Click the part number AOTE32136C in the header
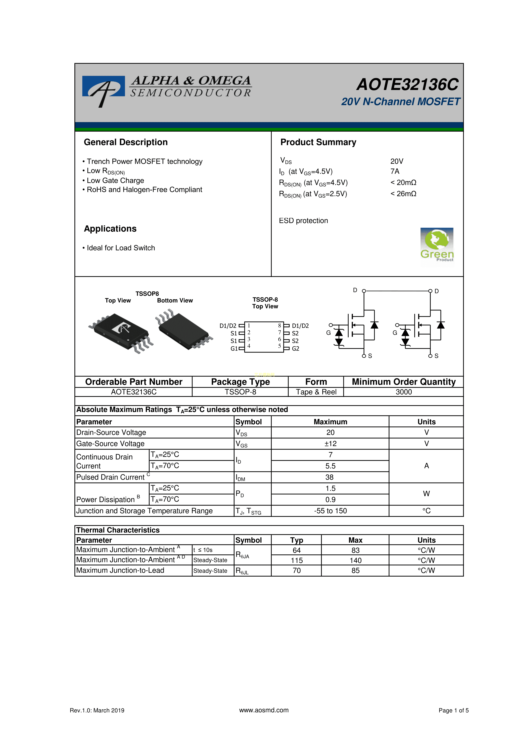(x=407, y=85)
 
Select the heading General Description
(x=126, y=142)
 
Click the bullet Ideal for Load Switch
(x=120, y=248)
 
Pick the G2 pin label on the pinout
(x=296, y=349)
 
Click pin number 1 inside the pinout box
(x=249, y=325)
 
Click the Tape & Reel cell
(x=316, y=392)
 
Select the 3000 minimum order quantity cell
(x=404, y=392)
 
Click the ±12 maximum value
(x=330, y=444)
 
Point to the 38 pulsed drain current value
(x=329, y=477)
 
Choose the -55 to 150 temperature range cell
(x=330, y=511)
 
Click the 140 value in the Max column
(x=355, y=560)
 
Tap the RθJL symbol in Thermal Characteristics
(x=242, y=571)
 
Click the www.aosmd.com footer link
(x=264, y=710)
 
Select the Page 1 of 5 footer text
(x=454, y=710)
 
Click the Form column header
(x=316, y=382)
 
